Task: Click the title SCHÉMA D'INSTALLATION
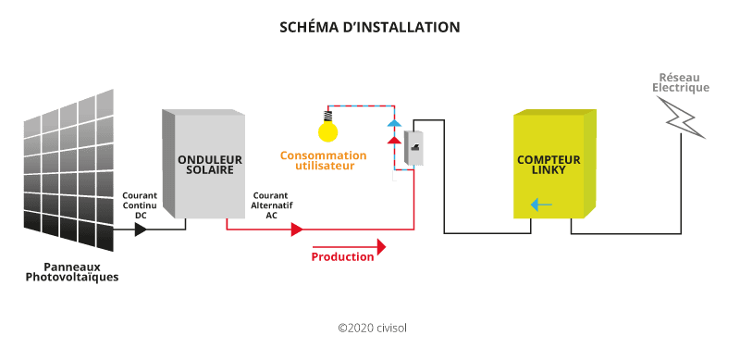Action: click(369, 27)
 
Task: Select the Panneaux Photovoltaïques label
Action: click(72, 271)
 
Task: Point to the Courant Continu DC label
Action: click(140, 205)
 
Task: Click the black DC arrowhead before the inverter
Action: click(141, 228)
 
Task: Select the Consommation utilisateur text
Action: click(323, 160)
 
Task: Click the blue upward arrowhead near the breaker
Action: click(394, 123)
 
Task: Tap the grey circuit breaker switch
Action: click(413, 147)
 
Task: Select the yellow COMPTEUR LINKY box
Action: click(553, 165)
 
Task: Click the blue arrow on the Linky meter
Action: click(542, 205)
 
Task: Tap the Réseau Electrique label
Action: click(681, 82)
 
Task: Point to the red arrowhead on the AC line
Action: click(296, 230)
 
